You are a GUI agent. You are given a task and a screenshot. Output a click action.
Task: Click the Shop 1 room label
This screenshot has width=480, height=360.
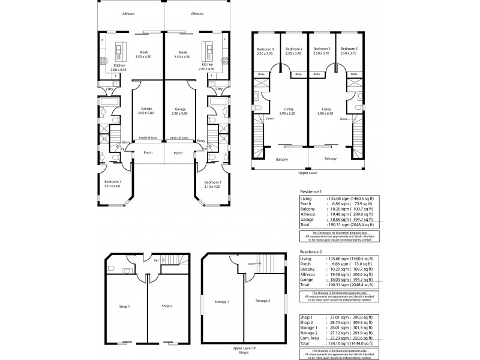tap(124, 306)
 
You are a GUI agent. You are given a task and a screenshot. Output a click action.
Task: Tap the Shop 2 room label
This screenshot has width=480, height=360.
tap(167, 306)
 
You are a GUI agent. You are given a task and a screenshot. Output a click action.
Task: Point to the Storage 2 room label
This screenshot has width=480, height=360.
tap(262, 300)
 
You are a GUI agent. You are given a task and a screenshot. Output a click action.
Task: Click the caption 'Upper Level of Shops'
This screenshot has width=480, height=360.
tap(243, 350)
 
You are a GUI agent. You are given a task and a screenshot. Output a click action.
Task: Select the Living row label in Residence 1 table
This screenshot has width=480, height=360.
tap(307, 197)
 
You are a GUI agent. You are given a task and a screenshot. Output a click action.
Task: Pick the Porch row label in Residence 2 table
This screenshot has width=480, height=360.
tap(307, 263)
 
